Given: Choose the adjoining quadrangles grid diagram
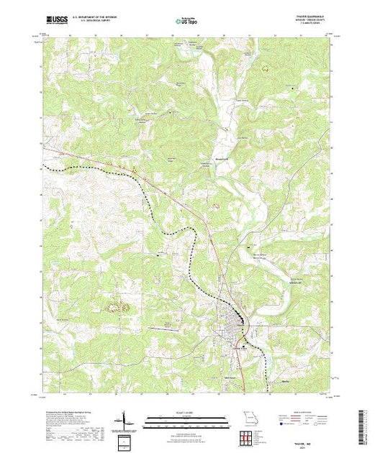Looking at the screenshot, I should tap(249, 436).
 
